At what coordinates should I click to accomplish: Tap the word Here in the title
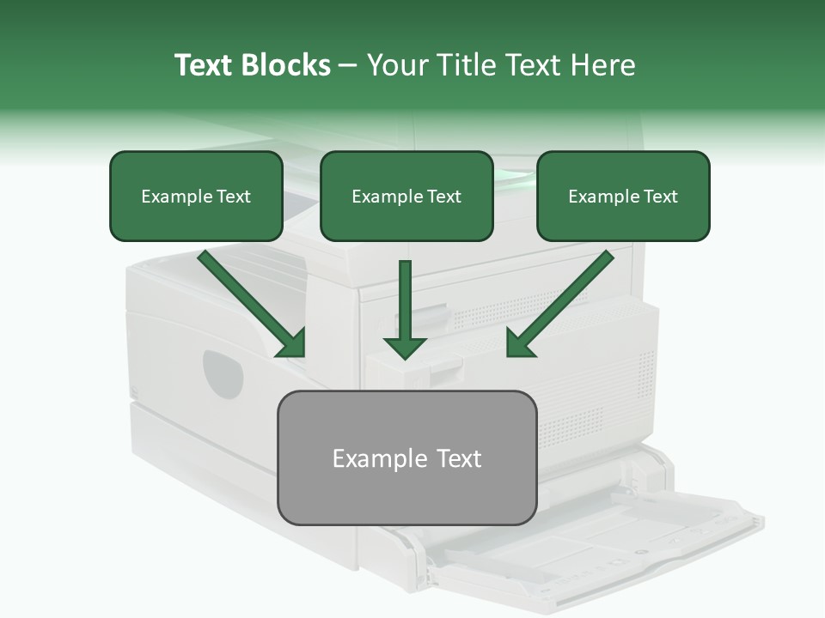click(x=602, y=65)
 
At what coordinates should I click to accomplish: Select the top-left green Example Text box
click(x=196, y=197)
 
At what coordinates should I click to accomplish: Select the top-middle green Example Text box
click(x=406, y=197)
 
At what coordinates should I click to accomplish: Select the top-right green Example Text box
click(x=623, y=197)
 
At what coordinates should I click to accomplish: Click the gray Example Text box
click(x=406, y=457)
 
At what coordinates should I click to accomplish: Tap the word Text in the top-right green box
click(x=660, y=197)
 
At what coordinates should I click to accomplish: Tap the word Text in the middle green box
click(x=443, y=197)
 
